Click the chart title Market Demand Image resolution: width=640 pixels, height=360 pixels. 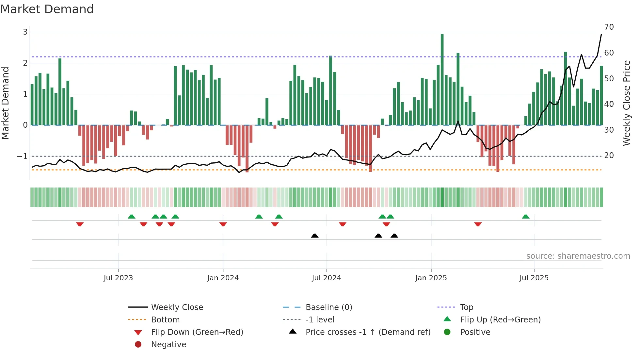tap(47, 9)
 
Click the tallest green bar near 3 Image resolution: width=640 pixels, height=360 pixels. tap(442, 78)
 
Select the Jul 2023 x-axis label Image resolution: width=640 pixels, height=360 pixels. tap(118, 278)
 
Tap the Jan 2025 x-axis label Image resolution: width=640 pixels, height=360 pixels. tap(431, 278)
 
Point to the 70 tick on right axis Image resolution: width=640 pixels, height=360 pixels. tap(609, 27)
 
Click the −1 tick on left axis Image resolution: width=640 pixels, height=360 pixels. tap(22, 156)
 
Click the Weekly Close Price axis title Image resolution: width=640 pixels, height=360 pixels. tap(627, 103)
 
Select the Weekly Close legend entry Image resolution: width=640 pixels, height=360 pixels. tap(177, 307)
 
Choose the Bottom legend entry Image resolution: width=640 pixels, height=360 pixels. tap(165, 320)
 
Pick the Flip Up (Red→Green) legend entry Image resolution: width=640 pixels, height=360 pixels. tap(500, 320)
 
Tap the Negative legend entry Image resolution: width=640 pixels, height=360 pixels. tap(168, 345)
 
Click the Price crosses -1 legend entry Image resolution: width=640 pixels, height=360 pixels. tap(368, 332)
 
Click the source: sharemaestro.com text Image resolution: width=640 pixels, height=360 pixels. tap(578, 256)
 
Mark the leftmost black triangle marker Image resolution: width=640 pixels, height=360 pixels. tap(315, 236)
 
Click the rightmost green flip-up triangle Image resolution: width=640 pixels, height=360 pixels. tap(526, 217)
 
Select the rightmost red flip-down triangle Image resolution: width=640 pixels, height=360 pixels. tap(478, 224)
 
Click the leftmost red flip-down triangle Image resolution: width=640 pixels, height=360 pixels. tap(80, 224)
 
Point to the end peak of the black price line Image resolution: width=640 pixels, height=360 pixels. tap(601, 34)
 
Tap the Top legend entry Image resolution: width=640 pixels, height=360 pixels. tap(467, 307)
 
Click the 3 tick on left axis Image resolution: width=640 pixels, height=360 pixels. tap(25, 32)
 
